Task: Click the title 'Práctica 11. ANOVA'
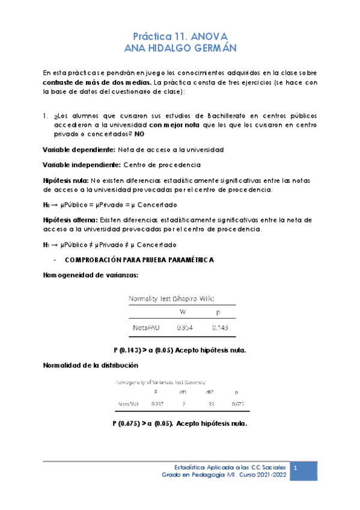click(x=180, y=35)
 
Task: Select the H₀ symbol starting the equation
click(x=47, y=204)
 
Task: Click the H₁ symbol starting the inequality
click(x=47, y=245)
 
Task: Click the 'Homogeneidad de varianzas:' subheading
click(x=90, y=275)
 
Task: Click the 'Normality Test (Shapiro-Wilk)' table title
click(x=172, y=298)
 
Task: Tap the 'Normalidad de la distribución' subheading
click(x=91, y=365)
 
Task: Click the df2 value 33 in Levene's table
click(x=210, y=404)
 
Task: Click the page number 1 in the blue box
click(x=294, y=467)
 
